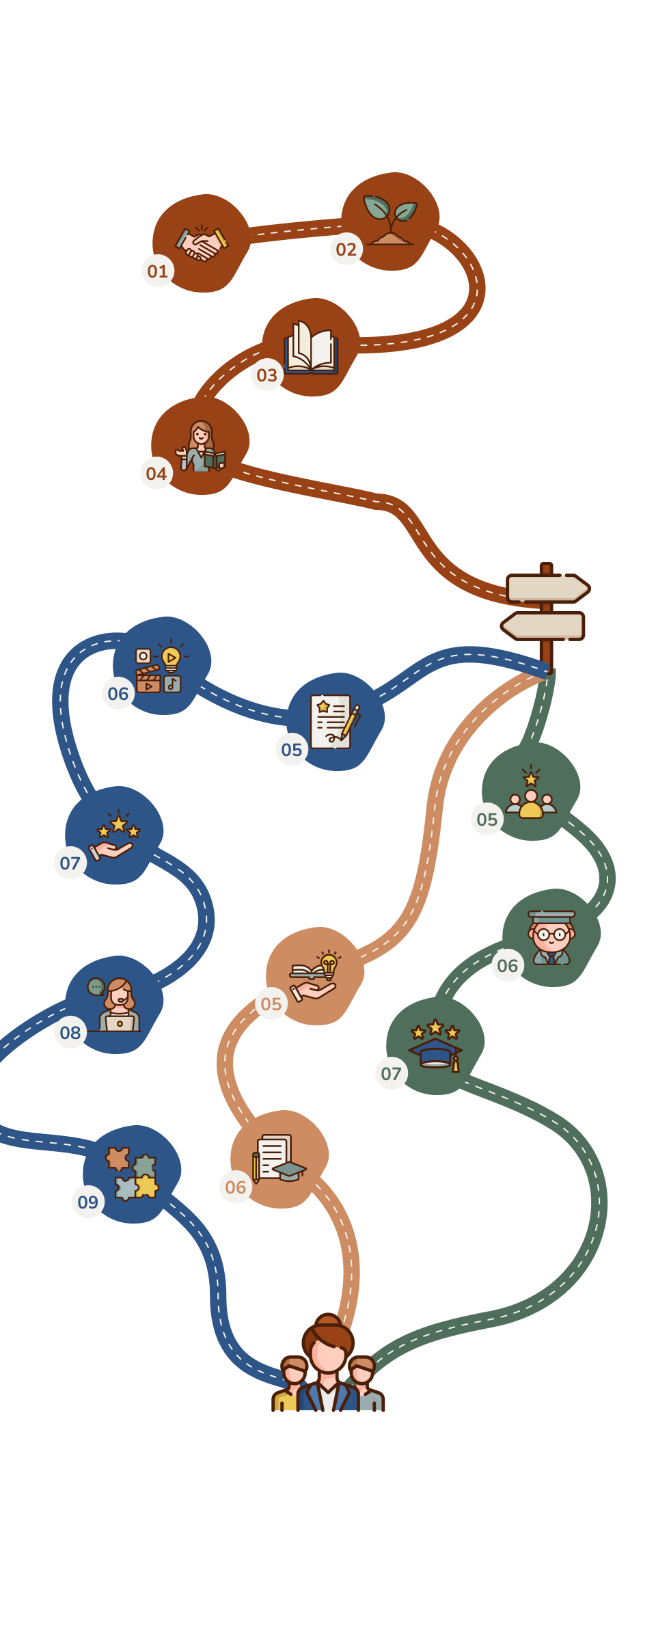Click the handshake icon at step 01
[x=202, y=243]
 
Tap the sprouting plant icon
[x=390, y=220]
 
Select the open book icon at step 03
[x=311, y=347]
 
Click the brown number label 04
[x=156, y=473]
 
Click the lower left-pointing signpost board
[x=543, y=626]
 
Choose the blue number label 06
[x=118, y=693]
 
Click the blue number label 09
[x=88, y=1202]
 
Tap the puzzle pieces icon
[x=132, y=1174]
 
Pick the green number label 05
[x=487, y=819]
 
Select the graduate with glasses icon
[x=551, y=937]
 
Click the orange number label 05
[x=271, y=1003]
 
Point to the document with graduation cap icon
[x=279, y=1159]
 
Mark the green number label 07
[x=392, y=1073]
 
